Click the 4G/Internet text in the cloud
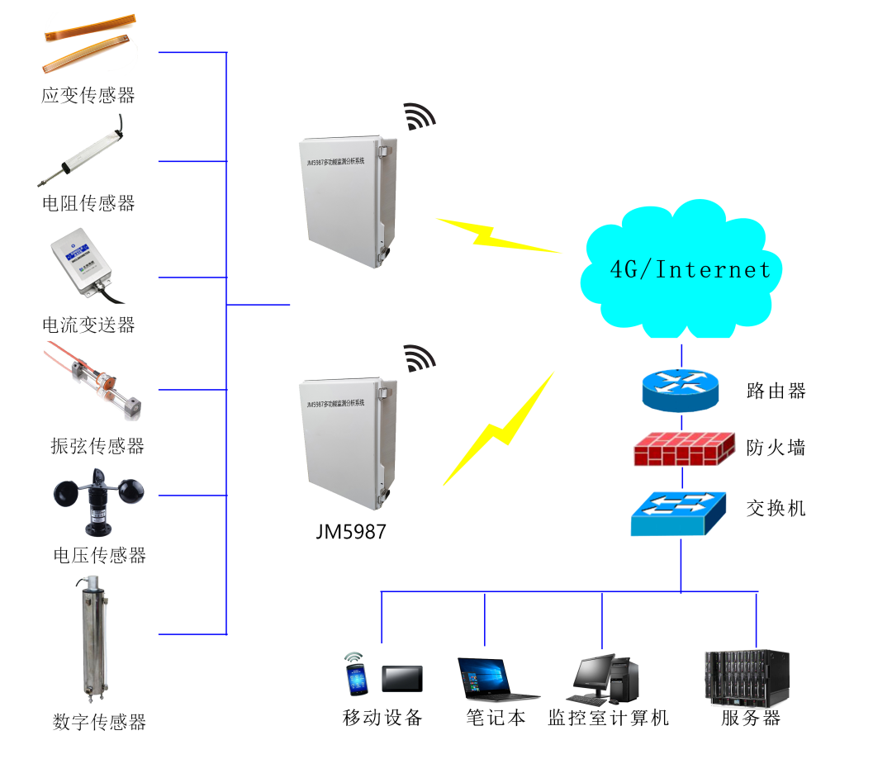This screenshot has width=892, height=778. pyautogui.click(x=690, y=269)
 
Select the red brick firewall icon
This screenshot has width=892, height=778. pyautogui.click(x=683, y=448)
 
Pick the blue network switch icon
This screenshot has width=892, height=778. pyautogui.click(x=678, y=513)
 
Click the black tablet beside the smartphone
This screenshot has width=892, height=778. pyautogui.click(x=402, y=678)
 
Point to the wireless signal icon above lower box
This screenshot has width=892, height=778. pyautogui.click(x=420, y=358)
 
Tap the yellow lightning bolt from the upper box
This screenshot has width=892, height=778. pyautogui.click(x=496, y=235)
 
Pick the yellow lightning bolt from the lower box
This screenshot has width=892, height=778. pyautogui.click(x=500, y=430)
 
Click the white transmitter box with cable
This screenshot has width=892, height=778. pyautogui.click(x=83, y=263)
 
